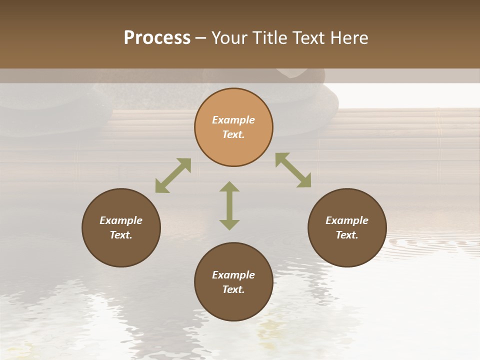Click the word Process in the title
(x=157, y=38)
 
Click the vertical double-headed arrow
(x=229, y=205)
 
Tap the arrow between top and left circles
(x=173, y=175)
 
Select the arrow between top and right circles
(x=293, y=170)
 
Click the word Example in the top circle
(x=233, y=120)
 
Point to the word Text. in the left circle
(x=121, y=235)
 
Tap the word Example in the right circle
(x=347, y=220)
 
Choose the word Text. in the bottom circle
(x=233, y=289)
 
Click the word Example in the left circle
(x=121, y=220)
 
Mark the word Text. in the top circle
(x=233, y=134)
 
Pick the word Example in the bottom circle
(x=233, y=275)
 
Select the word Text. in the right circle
(x=347, y=235)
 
